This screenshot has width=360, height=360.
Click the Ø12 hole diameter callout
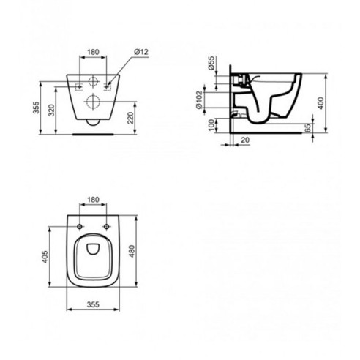click(141, 52)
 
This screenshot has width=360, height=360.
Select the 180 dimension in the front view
click(93, 52)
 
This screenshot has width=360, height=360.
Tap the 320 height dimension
click(51, 110)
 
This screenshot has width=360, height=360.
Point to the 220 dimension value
click(131, 118)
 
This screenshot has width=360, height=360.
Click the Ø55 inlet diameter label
click(211, 63)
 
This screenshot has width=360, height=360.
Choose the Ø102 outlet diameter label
click(199, 100)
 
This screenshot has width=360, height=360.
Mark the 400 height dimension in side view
click(321, 103)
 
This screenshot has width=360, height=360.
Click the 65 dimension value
click(308, 128)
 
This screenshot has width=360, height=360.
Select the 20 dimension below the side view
click(245, 140)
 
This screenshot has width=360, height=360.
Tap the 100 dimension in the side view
click(211, 125)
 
